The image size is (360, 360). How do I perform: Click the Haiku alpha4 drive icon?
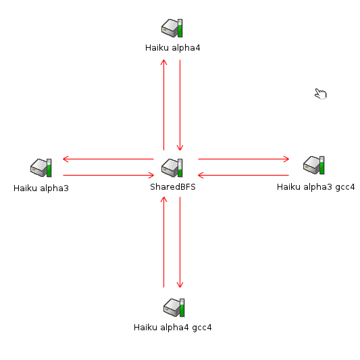coord(172,28)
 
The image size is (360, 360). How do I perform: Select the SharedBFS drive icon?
coord(172,168)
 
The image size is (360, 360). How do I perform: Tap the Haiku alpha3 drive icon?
coord(41,168)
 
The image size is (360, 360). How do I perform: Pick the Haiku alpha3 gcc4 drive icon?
coord(314,165)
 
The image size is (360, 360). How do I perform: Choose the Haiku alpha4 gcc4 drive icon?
coord(174,307)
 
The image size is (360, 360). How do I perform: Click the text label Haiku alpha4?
coord(173,48)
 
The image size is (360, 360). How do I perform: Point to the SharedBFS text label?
coord(173,186)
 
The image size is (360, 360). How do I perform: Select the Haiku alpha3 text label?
coord(41,188)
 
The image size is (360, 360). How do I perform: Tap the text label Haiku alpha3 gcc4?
coord(315,187)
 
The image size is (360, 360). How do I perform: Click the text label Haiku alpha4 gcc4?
coord(173,328)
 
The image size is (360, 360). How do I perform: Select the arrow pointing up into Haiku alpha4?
coord(163,105)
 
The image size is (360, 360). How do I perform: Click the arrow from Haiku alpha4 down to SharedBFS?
coord(180,105)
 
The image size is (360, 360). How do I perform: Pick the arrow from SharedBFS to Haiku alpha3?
coord(108,159)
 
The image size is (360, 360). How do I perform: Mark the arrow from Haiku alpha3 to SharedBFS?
coord(108,175)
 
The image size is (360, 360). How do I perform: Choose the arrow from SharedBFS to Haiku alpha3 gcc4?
coord(244,159)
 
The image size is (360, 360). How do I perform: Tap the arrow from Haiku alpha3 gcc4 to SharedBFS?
coord(243,175)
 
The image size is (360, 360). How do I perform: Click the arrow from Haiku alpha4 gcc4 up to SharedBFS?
coord(163,242)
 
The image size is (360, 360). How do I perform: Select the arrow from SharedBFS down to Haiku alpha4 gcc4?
coord(180,242)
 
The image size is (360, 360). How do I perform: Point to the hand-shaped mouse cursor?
coord(321,94)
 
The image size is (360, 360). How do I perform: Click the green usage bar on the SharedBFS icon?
coord(180,173)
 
